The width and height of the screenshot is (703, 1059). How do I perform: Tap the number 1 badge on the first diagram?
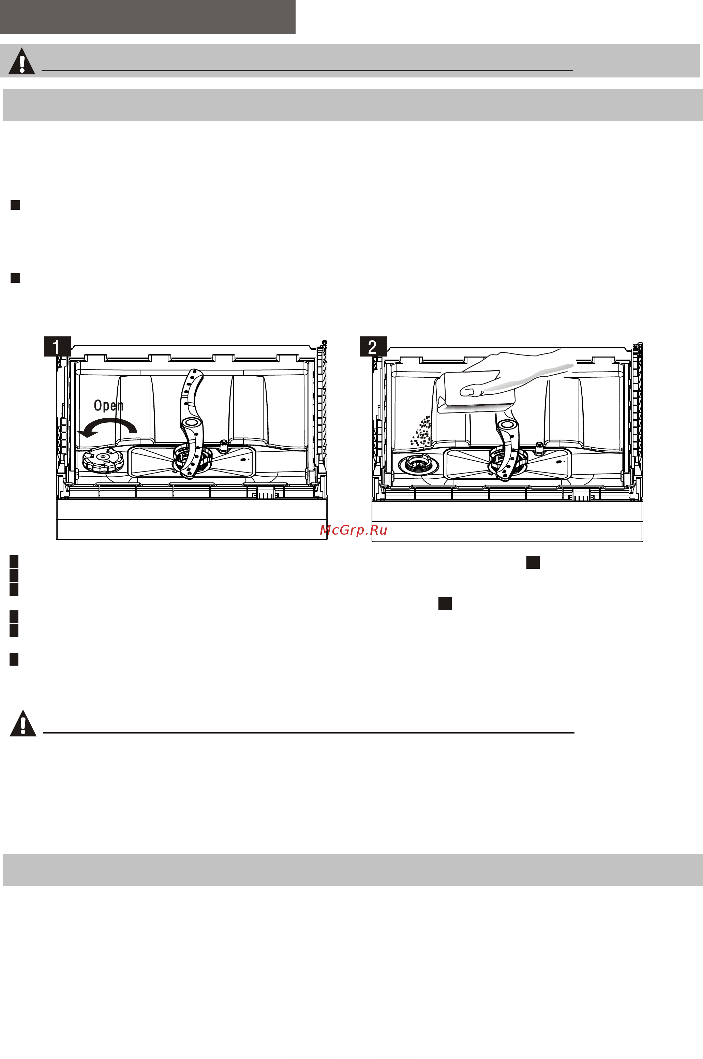[57, 347]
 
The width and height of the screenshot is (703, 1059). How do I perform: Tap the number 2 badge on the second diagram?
[373, 347]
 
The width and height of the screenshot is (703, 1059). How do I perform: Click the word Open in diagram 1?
[108, 405]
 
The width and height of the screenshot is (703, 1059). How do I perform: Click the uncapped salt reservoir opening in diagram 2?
[418, 464]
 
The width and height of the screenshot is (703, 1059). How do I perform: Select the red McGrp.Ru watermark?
[353, 530]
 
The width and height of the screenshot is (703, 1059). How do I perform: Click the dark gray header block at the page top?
[148, 17]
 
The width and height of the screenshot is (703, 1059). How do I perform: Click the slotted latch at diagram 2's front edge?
[582, 495]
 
